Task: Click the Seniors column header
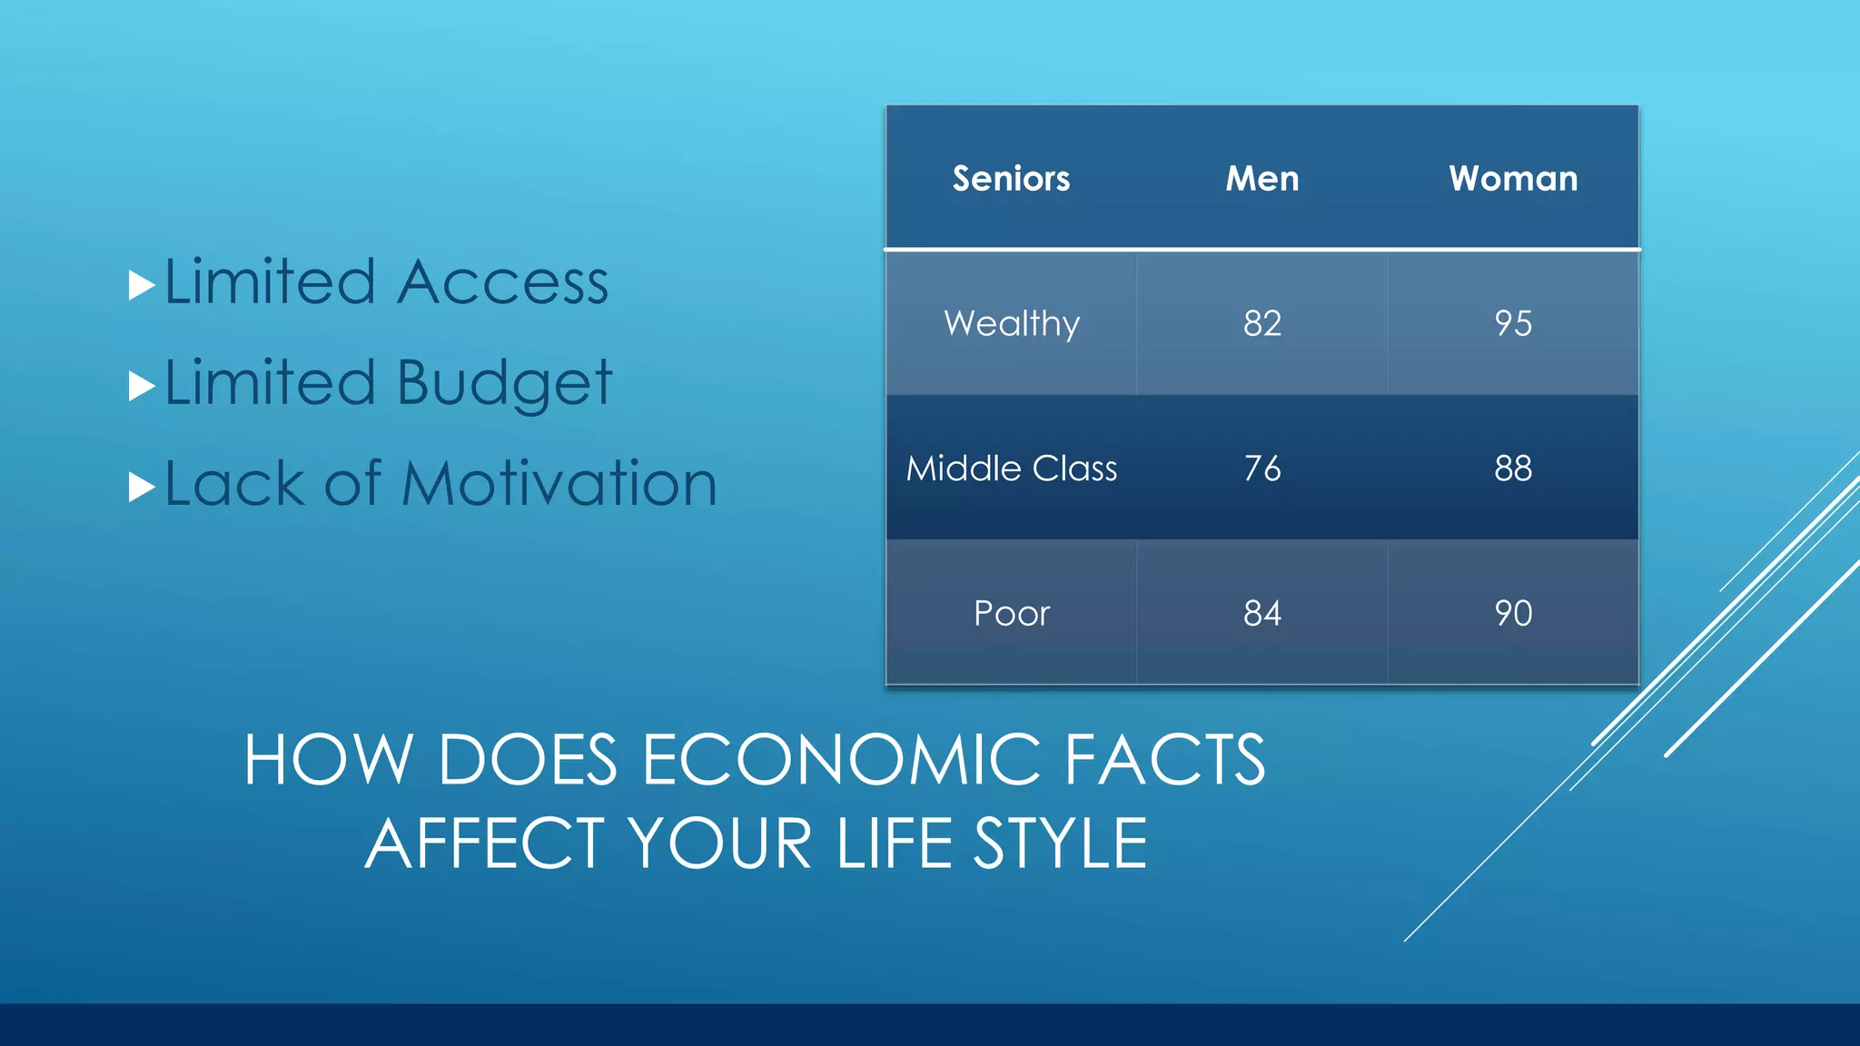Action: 1011,178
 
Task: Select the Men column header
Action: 1261,178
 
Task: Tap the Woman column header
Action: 1513,178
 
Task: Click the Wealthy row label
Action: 1012,323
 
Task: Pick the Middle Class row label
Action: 1012,469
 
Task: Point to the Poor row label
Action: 1012,614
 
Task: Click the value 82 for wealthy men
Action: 1262,323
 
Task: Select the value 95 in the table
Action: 1513,323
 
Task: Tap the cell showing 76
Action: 1262,469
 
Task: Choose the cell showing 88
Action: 1513,469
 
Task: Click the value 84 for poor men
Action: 1262,614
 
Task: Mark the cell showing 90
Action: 1513,614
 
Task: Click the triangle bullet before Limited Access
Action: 141,285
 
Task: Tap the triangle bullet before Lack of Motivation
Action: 141,487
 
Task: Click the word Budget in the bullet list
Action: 505,383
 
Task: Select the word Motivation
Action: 559,483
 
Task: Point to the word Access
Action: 503,282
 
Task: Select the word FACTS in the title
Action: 1164,760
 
